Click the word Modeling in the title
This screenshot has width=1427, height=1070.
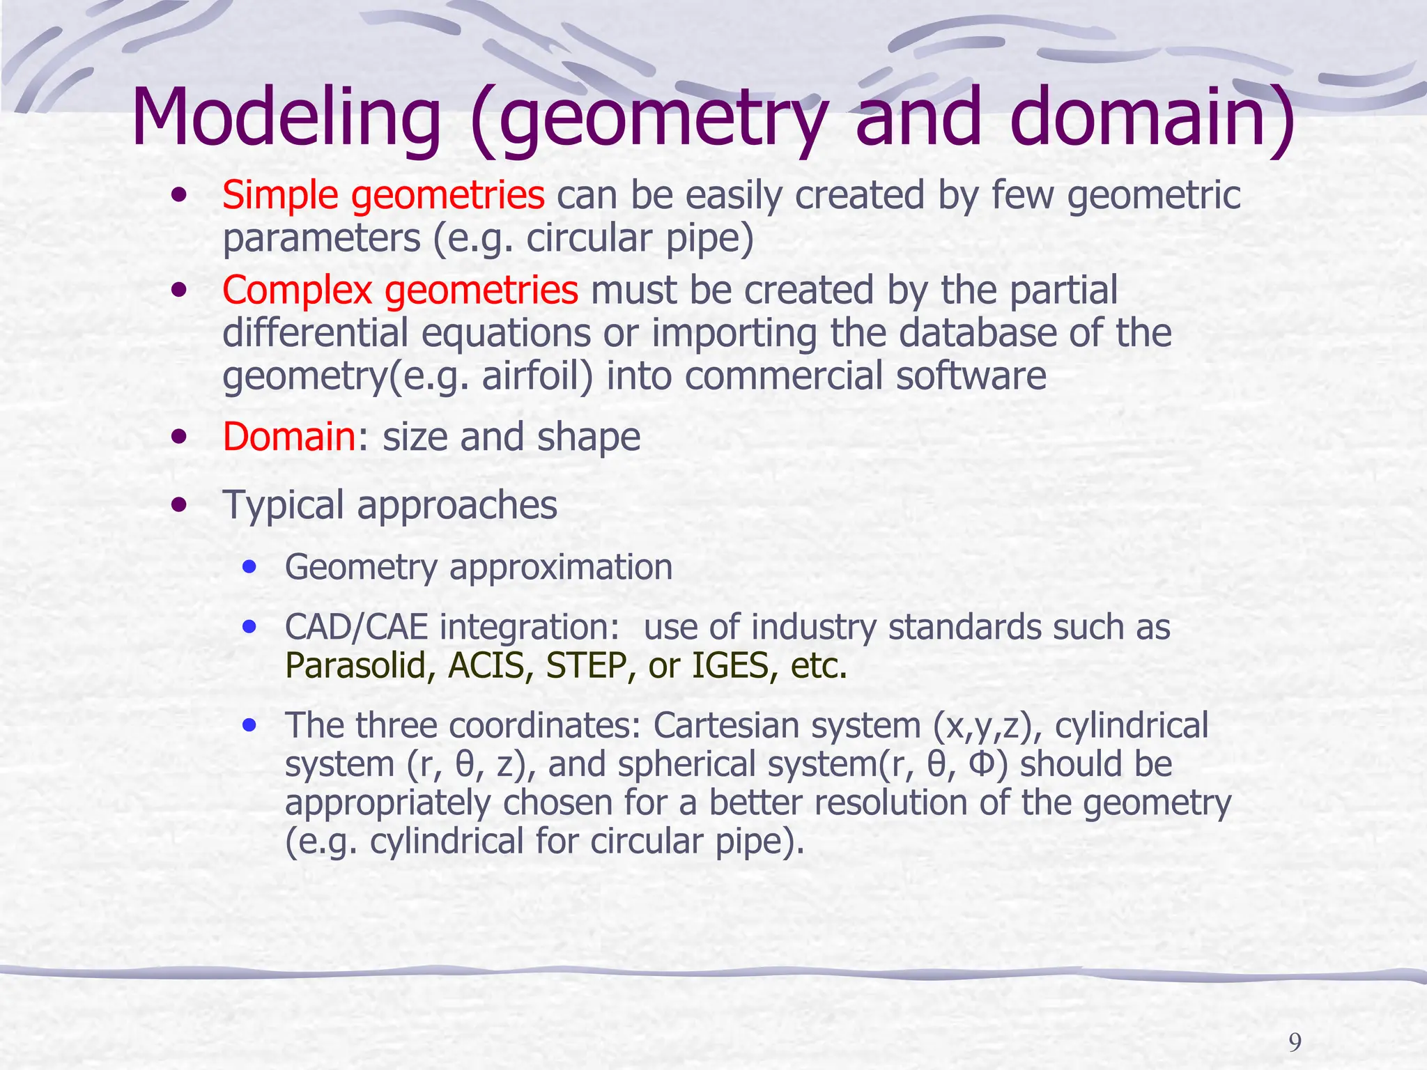(286, 118)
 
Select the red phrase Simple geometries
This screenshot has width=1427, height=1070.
(383, 196)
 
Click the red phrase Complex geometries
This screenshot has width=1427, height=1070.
(400, 290)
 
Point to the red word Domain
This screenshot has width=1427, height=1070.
(289, 437)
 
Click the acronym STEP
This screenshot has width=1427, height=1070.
(586, 666)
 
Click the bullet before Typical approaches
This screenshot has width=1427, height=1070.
(180, 504)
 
